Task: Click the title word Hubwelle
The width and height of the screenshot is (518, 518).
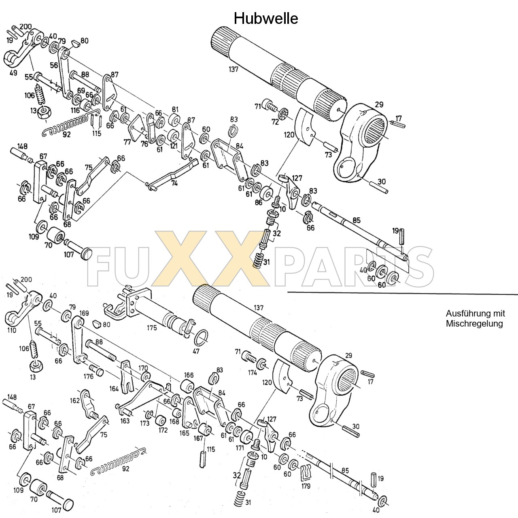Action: (x=266, y=18)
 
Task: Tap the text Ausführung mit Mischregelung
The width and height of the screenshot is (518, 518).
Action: (x=475, y=318)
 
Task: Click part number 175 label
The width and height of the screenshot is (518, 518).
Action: (x=152, y=328)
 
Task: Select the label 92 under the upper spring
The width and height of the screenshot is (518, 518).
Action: (x=66, y=134)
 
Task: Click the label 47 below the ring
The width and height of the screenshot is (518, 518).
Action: (x=196, y=351)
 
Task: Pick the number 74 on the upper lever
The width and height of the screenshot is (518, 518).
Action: (x=174, y=183)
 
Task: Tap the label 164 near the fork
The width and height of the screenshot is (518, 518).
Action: (x=114, y=389)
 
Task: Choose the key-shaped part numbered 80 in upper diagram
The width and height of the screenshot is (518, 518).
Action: (x=75, y=42)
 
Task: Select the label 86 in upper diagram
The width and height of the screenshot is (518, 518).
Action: (x=259, y=202)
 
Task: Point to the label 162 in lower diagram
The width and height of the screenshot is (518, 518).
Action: (x=75, y=400)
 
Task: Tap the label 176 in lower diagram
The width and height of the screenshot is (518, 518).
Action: (x=88, y=376)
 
